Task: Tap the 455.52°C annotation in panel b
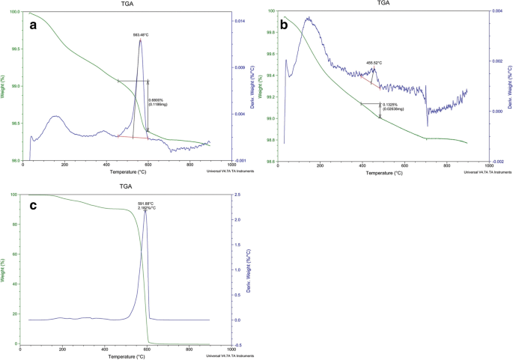point(374,63)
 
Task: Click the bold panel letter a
point(33,25)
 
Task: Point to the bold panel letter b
point(285,25)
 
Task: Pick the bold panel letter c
point(34,207)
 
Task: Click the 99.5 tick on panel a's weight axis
point(14,49)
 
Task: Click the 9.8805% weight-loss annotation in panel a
point(157,100)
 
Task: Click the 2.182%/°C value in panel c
point(147,210)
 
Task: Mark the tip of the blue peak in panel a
point(140,40)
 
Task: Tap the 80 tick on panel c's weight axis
point(14,225)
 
